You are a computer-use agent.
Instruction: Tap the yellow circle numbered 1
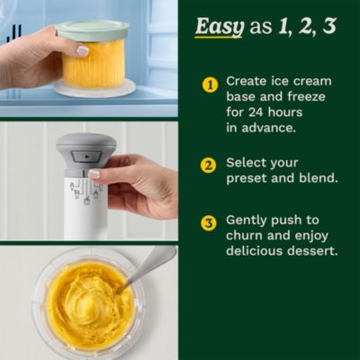[210, 85]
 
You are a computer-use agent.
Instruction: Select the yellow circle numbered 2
[209, 165]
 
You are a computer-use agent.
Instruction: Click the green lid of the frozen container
[93, 31]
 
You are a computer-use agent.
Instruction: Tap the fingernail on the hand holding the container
[83, 51]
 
